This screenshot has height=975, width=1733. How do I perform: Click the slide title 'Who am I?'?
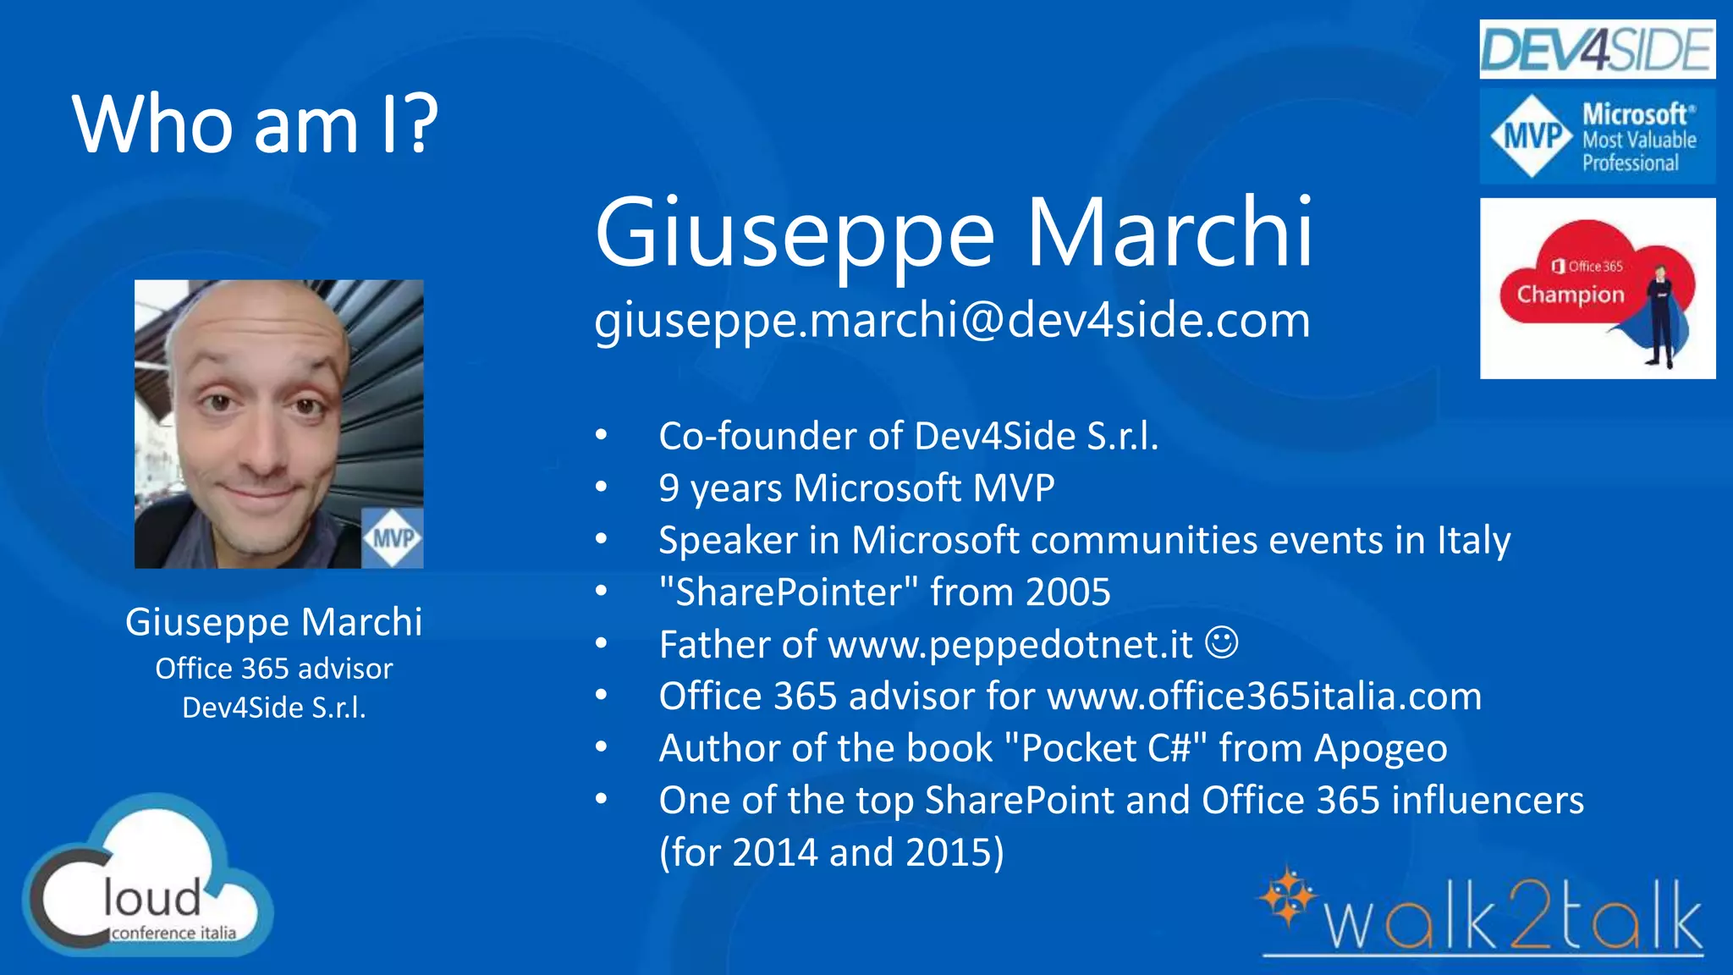pyautogui.click(x=255, y=124)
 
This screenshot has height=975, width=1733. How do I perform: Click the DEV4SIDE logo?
pyautogui.click(x=1597, y=50)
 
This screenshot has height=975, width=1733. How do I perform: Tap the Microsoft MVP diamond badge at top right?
pyautogui.click(x=1532, y=136)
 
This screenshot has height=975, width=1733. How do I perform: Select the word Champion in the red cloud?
pyautogui.click(x=1570, y=295)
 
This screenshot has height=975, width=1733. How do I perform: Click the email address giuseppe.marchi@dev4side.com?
pyautogui.click(x=952, y=321)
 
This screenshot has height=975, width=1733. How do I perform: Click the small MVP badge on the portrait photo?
pyautogui.click(x=393, y=538)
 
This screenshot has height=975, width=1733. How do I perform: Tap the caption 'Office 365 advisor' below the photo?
pyautogui.click(x=274, y=669)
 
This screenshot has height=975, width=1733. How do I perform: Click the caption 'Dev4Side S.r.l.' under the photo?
pyautogui.click(x=274, y=708)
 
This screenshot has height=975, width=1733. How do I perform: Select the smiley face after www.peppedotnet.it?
pyautogui.click(x=1221, y=642)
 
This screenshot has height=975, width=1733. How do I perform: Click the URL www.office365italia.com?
pyautogui.click(x=1264, y=697)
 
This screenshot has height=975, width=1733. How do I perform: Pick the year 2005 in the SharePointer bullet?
pyautogui.click(x=1067, y=592)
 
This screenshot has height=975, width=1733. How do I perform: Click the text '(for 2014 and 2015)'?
pyautogui.click(x=832, y=852)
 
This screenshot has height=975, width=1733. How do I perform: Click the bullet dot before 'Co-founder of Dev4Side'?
pyautogui.click(x=601, y=436)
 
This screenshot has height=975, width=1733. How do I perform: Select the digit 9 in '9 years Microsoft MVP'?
pyautogui.click(x=668, y=488)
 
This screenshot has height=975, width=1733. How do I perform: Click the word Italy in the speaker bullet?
pyautogui.click(x=1473, y=541)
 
